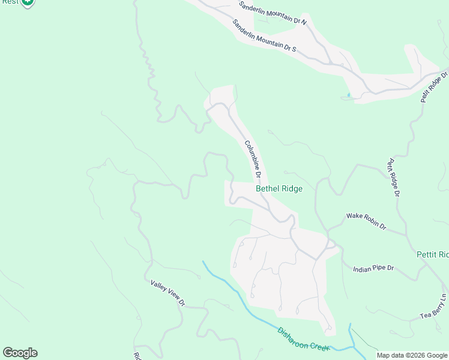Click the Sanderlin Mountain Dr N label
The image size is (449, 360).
pyautogui.click(x=273, y=13)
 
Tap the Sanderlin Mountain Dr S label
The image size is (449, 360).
pyautogui.click(x=264, y=35)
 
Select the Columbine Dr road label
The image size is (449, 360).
pyautogui.click(x=253, y=160)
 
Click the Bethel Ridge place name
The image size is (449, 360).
pyautogui.click(x=279, y=188)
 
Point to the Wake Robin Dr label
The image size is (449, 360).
pyautogui.click(x=366, y=221)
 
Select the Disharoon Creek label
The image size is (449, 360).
pyautogui.click(x=304, y=340)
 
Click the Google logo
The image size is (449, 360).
pyautogui.click(x=20, y=353)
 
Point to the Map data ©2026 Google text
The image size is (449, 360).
pyautogui.click(x=412, y=355)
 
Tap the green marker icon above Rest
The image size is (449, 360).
pyautogui.click(x=27, y=2)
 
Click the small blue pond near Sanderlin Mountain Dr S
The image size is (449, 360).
pyautogui.click(x=348, y=95)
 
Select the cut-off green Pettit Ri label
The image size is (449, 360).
pyautogui.click(x=433, y=255)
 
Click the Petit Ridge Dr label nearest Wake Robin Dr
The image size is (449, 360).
pyautogui.click(x=393, y=177)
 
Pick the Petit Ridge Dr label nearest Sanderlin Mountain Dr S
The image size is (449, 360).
pyautogui.click(x=435, y=88)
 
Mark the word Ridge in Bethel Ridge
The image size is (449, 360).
pyautogui.click(x=291, y=188)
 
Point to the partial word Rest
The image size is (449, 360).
pyautogui.click(x=10, y=2)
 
